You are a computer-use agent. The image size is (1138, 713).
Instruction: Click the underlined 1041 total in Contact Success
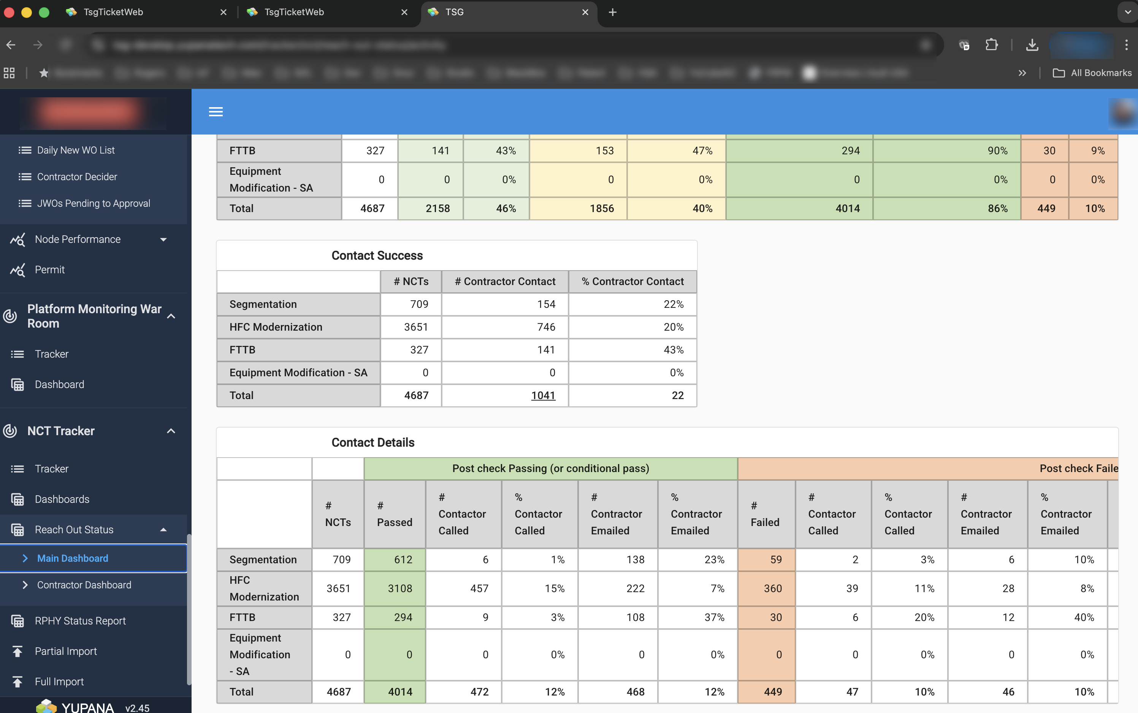coord(543,395)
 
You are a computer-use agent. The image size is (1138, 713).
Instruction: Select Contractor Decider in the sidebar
coord(77,177)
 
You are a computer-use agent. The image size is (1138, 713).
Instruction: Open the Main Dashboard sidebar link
coord(73,558)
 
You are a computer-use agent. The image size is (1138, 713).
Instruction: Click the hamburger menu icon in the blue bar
coord(216,112)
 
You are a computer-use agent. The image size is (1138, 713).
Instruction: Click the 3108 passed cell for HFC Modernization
coord(399,588)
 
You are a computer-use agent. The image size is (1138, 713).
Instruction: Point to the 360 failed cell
coord(772,588)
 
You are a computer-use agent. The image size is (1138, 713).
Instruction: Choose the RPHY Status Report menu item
coord(80,621)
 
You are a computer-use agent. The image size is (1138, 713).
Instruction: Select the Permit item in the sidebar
coord(49,270)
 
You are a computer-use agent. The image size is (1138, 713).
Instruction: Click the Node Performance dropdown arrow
coord(163,239)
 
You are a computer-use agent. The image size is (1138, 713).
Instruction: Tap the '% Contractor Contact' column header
coord(632,282)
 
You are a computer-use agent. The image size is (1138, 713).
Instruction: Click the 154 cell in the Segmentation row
coord(546,304)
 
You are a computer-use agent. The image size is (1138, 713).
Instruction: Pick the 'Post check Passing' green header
coord(550,468)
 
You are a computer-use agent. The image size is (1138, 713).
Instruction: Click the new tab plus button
coord(612,12)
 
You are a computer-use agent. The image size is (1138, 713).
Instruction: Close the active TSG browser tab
coord(585,12)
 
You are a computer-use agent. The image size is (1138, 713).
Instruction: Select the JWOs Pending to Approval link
coord(94,203)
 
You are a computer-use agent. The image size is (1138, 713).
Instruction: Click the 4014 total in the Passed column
coord(399,692)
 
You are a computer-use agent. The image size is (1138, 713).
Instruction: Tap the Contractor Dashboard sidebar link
coord(84,585)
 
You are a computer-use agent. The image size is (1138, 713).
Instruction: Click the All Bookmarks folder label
coord(1101,73)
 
